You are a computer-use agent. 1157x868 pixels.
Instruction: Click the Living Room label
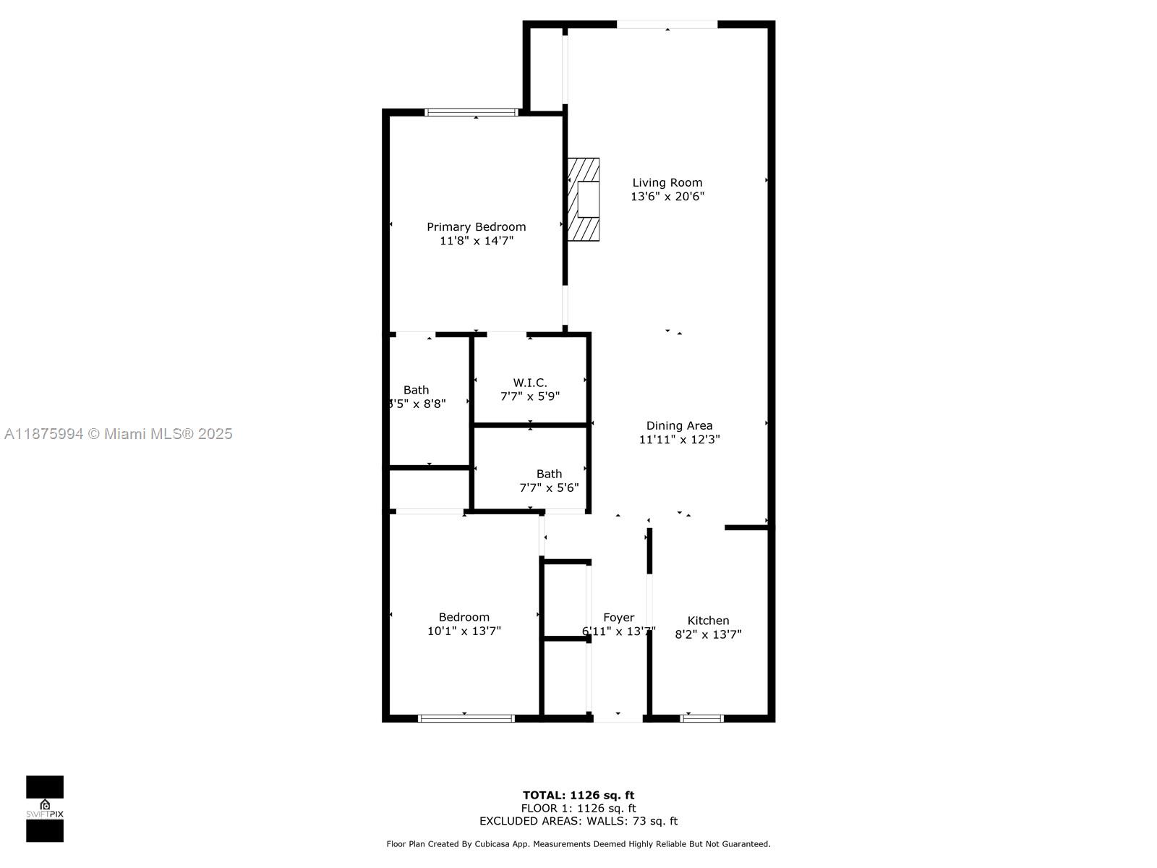(667, 183)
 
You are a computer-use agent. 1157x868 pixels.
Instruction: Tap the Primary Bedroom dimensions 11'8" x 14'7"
(476, 241)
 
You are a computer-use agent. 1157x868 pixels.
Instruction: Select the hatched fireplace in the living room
(583, 200)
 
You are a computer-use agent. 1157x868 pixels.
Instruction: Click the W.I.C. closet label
(529, 383)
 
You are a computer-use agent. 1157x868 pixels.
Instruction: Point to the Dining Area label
(679, 426)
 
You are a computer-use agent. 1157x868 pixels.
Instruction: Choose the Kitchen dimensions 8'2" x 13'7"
(708, 634)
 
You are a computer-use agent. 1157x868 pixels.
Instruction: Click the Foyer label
(618, 618)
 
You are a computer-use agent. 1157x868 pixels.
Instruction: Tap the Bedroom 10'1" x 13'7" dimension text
(464, 631)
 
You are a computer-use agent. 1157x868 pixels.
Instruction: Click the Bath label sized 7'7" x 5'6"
(549, 474)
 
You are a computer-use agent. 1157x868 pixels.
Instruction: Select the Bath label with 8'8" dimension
(416, 390)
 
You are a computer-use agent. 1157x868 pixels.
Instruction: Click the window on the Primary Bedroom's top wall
(471, 112)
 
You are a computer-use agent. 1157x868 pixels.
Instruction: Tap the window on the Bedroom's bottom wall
(466, 718)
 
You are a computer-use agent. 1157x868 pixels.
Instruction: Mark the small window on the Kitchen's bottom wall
(701, 718)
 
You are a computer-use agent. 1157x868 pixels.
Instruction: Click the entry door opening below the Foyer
(618, 718)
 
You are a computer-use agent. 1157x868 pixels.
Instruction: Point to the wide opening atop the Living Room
(667, 25)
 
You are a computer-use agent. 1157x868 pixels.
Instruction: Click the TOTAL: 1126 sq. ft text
(578, 796)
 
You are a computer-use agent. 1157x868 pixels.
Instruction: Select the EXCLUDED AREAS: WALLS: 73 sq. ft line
(578, 821)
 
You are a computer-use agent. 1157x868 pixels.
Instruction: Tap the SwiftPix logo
(45, 809)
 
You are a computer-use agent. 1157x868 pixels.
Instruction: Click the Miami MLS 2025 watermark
(118, 434)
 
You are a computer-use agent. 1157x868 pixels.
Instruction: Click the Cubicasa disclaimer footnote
(578, 844)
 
